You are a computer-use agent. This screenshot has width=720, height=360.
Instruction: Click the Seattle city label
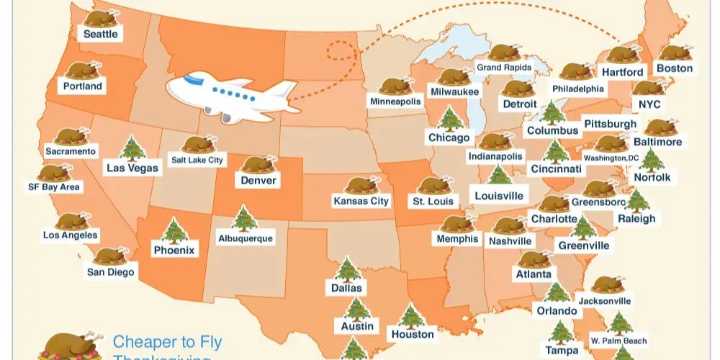101,34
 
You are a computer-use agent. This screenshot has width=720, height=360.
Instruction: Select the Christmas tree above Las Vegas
132,149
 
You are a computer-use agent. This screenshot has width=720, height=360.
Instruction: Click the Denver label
258,180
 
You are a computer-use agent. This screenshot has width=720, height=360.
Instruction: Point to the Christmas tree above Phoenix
174,232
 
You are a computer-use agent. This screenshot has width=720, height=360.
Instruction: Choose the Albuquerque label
246,238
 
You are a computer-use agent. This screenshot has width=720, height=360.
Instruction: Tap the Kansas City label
361,201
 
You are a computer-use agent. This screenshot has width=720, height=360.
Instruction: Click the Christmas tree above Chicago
450,119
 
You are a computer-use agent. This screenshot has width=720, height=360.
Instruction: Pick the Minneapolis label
395,102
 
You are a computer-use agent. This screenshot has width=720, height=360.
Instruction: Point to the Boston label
675,68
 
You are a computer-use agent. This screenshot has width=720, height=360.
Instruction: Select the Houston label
413,334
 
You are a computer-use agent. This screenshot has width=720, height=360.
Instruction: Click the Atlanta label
534,274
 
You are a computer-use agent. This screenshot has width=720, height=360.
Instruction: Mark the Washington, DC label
611,158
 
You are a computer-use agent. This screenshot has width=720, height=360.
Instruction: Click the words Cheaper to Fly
167,342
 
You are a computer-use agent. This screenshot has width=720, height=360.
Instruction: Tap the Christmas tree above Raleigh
636,201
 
